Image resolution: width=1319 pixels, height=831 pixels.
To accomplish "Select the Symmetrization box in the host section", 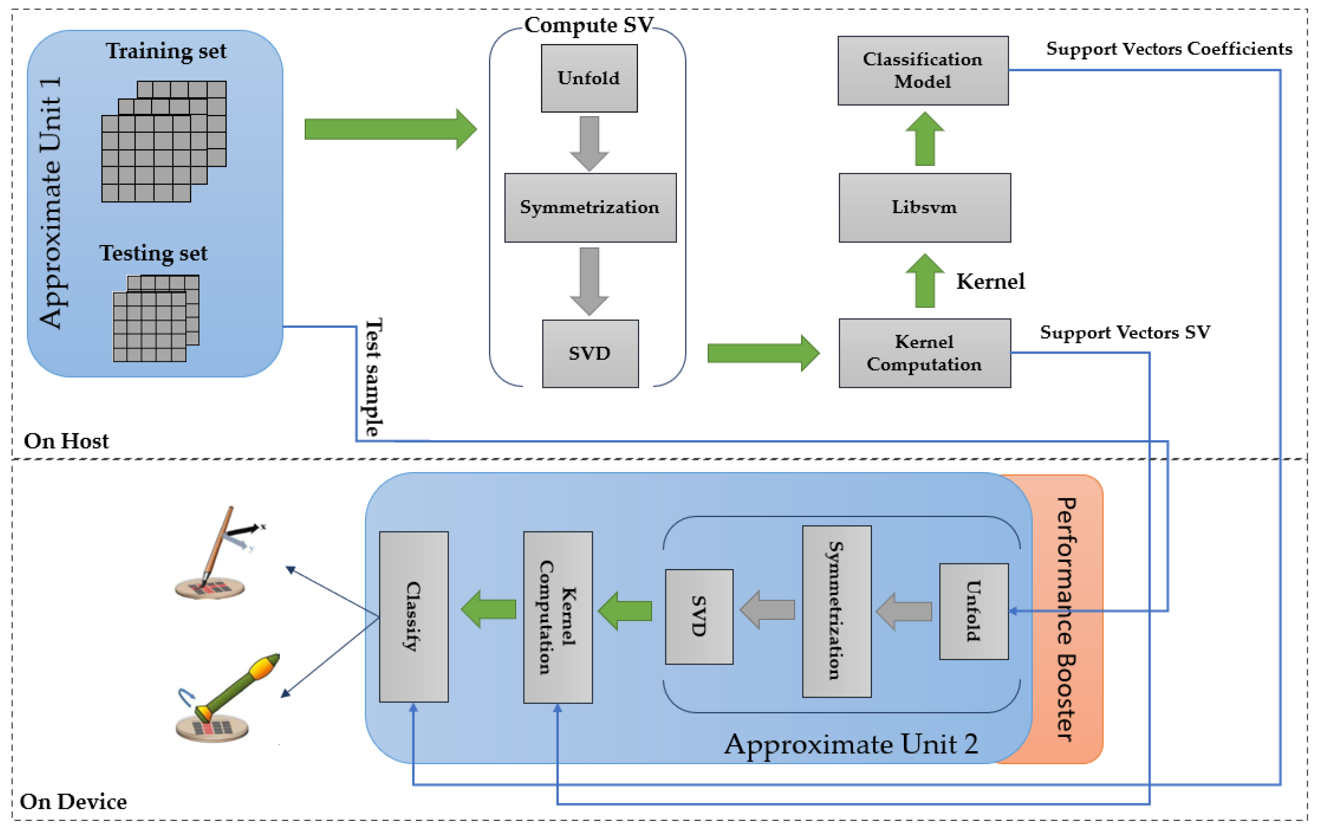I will click(x=590, y=207).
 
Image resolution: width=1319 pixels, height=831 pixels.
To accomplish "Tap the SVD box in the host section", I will click(x=590, y=354).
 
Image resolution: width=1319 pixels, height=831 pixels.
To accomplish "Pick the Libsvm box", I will click(x=924, y=207).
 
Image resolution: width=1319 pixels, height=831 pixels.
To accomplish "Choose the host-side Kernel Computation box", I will click(x=924, y=353).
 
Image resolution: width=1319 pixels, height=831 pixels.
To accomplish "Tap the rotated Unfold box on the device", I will click(x=973, y=611).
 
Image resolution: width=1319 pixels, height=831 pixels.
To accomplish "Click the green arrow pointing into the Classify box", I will click(x=489, y=608).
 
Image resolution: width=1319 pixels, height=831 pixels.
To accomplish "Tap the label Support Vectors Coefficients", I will click(x=1169, y=49).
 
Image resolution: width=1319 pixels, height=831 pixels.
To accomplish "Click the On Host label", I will click(x=66, y=441).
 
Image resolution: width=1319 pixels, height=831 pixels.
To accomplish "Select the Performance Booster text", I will click(x=1066, y=619).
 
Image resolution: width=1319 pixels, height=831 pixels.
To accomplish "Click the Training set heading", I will click(x=166, y=51).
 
